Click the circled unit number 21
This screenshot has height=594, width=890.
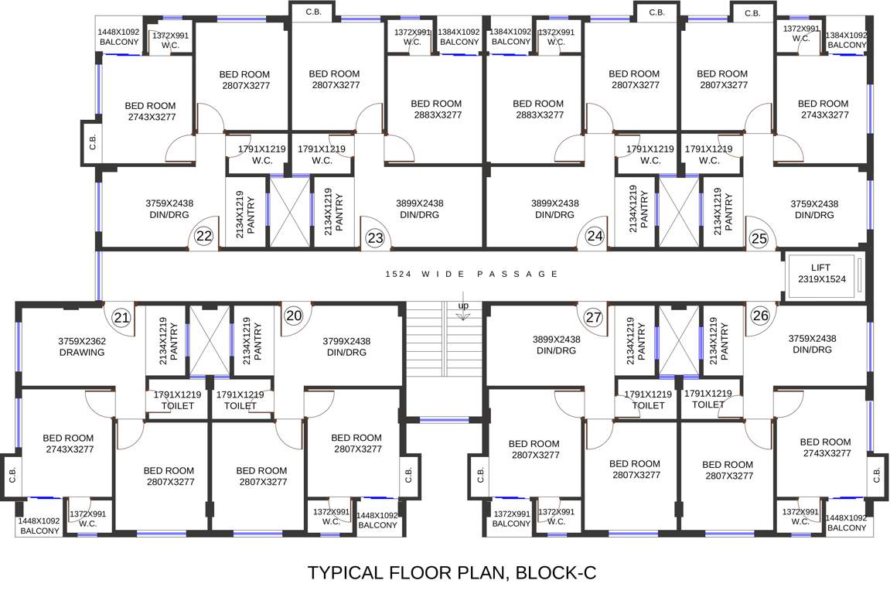(121, 316)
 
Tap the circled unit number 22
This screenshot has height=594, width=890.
(204, 237)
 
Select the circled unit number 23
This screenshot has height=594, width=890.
(375, 238)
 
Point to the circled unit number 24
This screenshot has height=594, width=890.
(594, 237)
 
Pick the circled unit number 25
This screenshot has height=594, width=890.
(759, 238)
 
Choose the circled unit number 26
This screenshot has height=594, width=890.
(760, 316)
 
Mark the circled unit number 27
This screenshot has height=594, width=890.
(593, 316)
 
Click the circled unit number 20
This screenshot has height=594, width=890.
(293, 316)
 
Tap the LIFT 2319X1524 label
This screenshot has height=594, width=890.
(820, 273)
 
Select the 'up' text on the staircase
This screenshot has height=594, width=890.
(463, 305)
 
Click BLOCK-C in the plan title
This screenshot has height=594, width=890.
(556, 573)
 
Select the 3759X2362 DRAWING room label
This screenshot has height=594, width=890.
(82, 346)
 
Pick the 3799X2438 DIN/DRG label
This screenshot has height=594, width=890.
(346, 346)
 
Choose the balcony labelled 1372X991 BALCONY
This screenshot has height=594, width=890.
(511, 518)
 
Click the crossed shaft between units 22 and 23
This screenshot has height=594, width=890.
(290, 210)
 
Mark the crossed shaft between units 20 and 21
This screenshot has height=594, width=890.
(210, 340)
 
